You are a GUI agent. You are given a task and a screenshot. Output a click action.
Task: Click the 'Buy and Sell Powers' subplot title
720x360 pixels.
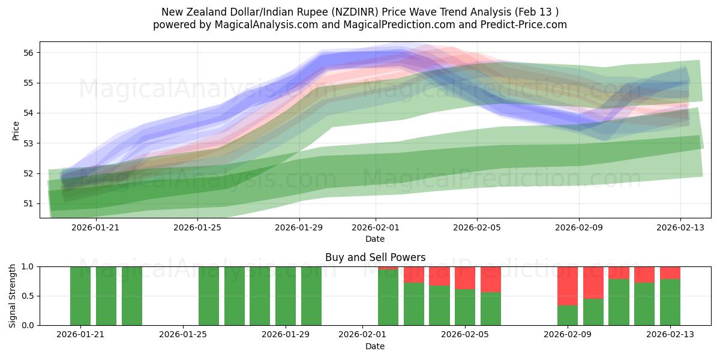point(375,257)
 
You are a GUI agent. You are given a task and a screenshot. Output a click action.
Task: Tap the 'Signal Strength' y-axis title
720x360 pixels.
point(13,296)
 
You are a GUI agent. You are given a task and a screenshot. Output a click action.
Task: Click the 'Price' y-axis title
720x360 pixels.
point(16,130)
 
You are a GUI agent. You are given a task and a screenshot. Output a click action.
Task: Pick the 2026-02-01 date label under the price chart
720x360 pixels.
point(376,227)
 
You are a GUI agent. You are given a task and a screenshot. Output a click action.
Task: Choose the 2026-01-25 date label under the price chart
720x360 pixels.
point(198,227)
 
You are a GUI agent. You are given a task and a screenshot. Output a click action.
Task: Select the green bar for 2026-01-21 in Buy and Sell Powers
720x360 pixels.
point(80,296)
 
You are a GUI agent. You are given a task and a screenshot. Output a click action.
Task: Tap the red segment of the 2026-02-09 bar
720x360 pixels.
point(567,286)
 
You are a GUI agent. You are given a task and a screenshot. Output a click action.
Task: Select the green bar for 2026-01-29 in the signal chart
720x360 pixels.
point(286,296)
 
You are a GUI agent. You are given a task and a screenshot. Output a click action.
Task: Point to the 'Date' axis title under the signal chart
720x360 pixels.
point(375,346)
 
